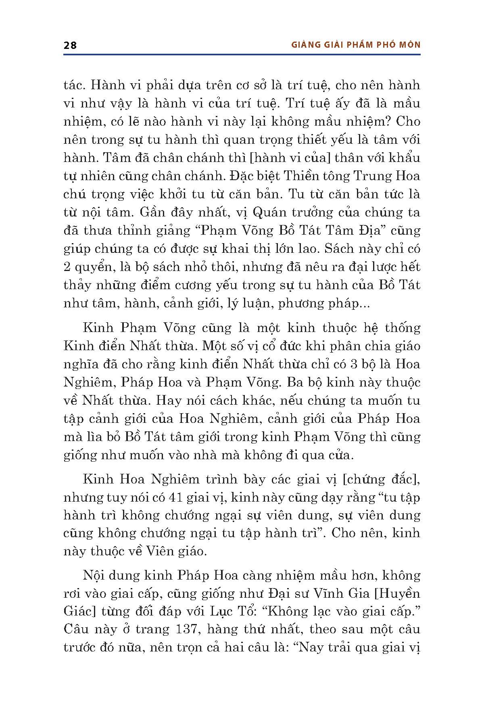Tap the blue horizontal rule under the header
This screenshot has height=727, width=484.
pyautogui.click(x=242, y=54)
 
